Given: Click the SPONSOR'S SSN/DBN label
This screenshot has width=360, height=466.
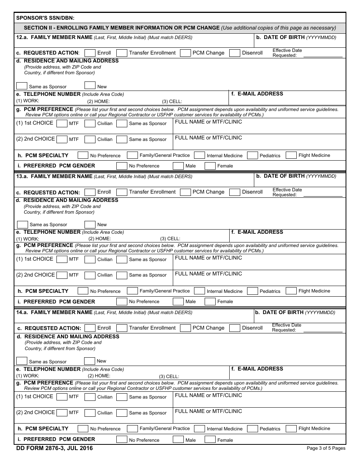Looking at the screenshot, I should [x=45, y=18].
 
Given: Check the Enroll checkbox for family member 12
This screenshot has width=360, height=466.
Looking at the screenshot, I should [x=90, y=53].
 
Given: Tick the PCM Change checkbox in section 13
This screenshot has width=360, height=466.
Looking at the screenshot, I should [x=185, y=192].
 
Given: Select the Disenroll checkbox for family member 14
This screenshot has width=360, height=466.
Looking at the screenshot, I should [x=235, y=328].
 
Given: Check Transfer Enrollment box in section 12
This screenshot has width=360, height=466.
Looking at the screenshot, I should [x=122, y=53].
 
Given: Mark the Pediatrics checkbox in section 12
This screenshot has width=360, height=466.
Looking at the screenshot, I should [x=252, y=155].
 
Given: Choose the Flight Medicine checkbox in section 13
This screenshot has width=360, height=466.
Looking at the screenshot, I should [x=291, y=291].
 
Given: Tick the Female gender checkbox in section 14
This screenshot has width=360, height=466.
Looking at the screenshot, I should [x=210, y=440].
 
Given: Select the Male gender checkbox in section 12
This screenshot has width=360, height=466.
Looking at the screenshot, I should [x=178, y=166].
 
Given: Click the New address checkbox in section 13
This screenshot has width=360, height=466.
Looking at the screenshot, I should [x=90, y=224].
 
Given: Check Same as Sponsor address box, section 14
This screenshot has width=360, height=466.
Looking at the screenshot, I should [x=22, y=361].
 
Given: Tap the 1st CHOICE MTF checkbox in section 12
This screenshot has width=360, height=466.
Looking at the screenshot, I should [x=62, y=123].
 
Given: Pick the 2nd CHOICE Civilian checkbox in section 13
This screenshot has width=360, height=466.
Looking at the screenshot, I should [x=90, y=275].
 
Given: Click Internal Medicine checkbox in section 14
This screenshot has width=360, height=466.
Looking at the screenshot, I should [x=199, y=428].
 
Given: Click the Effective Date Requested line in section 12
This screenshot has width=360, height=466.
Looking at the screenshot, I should [x=322, y=55].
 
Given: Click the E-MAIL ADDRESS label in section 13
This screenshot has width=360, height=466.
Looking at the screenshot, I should [x=260, y=232].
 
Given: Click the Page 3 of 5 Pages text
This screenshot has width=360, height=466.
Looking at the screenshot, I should [x=326, y=448].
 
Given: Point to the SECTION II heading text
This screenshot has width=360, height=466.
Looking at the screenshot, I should [x=122, y=28].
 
